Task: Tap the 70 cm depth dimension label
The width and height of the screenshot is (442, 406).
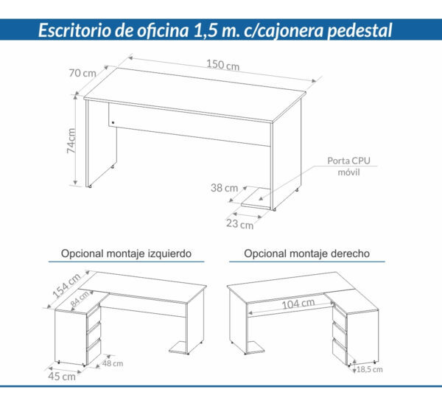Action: point(82,73)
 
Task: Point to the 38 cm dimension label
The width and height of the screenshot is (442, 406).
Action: point(225,188)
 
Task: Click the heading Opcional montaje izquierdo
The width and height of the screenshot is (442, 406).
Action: point(127,253)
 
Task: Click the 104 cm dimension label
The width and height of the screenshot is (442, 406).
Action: point(298,304)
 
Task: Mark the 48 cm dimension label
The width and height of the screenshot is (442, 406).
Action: point(113,363)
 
